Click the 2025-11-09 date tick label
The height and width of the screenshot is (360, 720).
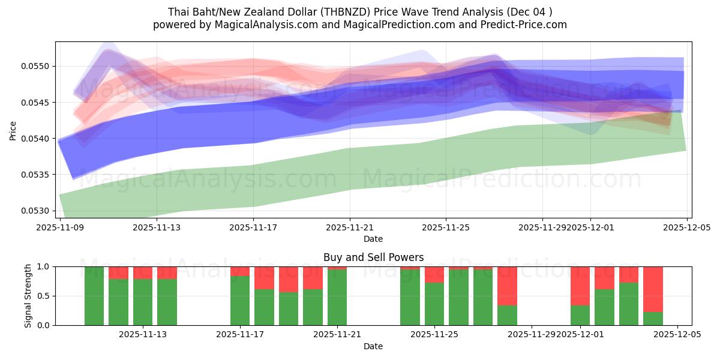coord(60,227)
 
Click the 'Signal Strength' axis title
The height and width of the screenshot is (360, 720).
coord(28,295)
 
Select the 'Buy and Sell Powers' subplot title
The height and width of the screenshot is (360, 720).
coord(373,257)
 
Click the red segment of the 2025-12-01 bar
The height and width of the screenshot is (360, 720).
coord(580,286)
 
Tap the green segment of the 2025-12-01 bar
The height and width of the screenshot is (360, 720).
coord(580,315)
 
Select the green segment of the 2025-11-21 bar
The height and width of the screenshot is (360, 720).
coord(337,297)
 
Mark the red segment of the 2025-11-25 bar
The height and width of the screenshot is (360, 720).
coord(434,274)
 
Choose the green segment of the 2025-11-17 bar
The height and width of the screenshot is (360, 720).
coord(240,300)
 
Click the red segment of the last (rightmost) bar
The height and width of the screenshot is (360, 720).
coord(653,289)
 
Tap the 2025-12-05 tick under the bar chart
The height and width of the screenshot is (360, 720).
coord(677,335)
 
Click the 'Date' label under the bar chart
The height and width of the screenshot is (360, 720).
coord(373,346)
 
